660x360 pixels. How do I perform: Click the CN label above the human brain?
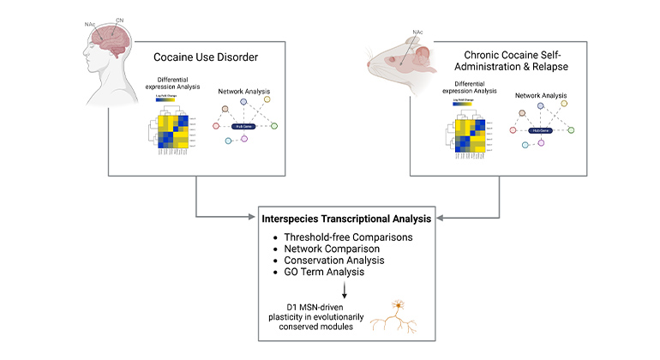point(120,10)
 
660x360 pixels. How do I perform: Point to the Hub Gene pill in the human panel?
point(243,125)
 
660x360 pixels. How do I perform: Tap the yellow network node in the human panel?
point(267,99)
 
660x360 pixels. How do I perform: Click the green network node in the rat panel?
point(570,129)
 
